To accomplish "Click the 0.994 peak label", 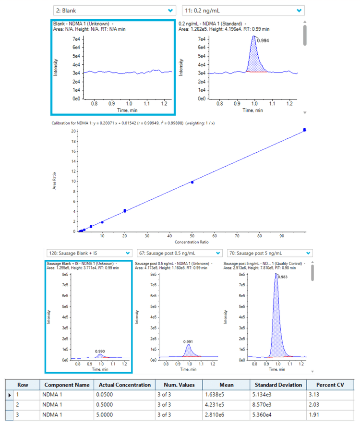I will click(263, 41).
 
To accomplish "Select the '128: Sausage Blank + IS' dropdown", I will click(89, 253).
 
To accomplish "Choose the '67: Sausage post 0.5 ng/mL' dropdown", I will click(179, 253).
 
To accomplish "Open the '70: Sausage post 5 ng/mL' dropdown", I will click(269, 253).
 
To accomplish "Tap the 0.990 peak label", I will click(100, 352).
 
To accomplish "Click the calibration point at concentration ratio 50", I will click(192, 182).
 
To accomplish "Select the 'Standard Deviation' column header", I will click(278, 385).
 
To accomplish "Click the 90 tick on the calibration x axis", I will click(281, 235).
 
